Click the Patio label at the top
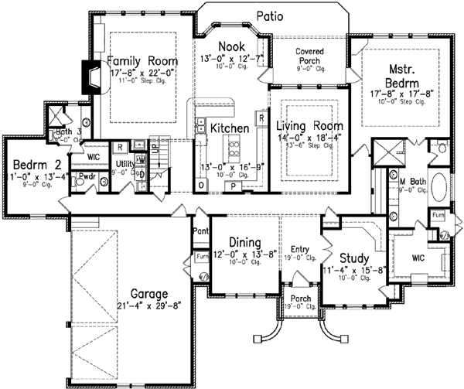point(269,15)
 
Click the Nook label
point(231,46)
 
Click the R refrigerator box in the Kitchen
point(262,118)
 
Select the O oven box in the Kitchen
point(201,186)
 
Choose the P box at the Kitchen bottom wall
point(232,186)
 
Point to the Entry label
point(299,248)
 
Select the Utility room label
point(126,164)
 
